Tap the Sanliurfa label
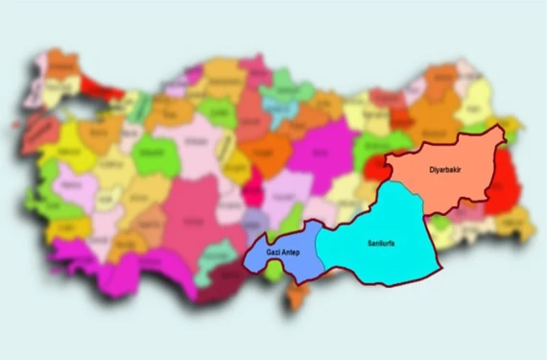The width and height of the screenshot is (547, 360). [x=382, y=243]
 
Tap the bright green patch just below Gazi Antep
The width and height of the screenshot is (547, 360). [x=274, y=273]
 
